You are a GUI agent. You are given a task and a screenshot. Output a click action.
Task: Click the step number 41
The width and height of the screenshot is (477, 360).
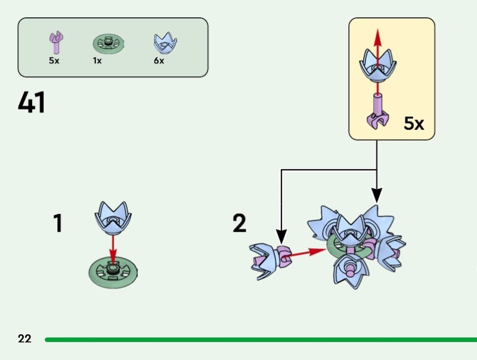click(x=32, y=103)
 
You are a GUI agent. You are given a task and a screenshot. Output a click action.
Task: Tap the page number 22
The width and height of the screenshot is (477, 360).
click(x=24, y=339)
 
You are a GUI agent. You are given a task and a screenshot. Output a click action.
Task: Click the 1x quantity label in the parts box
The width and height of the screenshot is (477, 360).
click(x=97, y=61)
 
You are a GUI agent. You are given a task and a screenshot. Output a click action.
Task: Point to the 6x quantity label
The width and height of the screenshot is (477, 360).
click(x=159, y=61)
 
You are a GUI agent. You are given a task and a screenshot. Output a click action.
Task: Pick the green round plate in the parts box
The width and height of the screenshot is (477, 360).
click(x=108, y=44)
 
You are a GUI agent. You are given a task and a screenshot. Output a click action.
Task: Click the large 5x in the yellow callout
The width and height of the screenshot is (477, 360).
click(x=413, y=124)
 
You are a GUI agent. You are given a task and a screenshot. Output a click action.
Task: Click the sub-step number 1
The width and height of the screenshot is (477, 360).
click(x=58, y=224)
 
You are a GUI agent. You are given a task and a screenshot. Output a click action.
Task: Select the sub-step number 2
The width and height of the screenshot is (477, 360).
click(x=239, y=224)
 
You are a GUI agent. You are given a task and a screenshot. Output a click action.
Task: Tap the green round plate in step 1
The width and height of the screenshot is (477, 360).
click(x=113, y=273)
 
